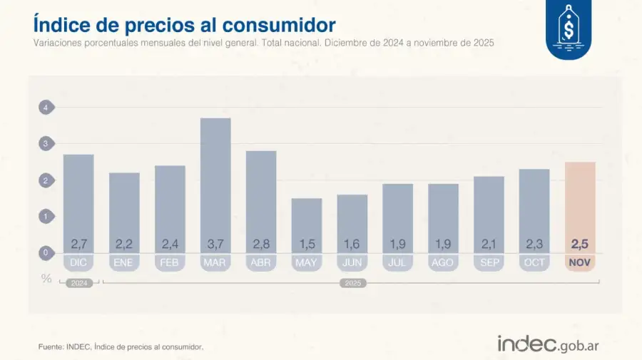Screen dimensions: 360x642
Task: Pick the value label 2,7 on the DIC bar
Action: click(x=78, y=244)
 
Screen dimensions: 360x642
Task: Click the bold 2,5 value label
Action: click(x=580, y=244)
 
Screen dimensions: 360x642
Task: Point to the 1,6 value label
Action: click(x=352, y=244)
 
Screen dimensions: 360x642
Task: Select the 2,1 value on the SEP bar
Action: click(x=489, y=244)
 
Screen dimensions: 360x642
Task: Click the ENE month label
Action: click(x=124, y=262)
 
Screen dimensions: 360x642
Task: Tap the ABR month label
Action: click(x=261, y=262)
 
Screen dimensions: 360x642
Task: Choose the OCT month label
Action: click(x=534, y=262)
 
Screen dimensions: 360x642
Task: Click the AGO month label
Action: click(x=443, y=262)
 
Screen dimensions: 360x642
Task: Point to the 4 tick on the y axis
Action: click(x=46, y=108)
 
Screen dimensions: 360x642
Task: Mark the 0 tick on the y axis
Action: click(x=46, y=252)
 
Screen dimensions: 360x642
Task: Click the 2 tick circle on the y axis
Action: click(x=46, y=180)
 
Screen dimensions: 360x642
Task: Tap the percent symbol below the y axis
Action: click(x=46, y=279)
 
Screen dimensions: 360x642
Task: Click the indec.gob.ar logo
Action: click(x=548, y=344)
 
